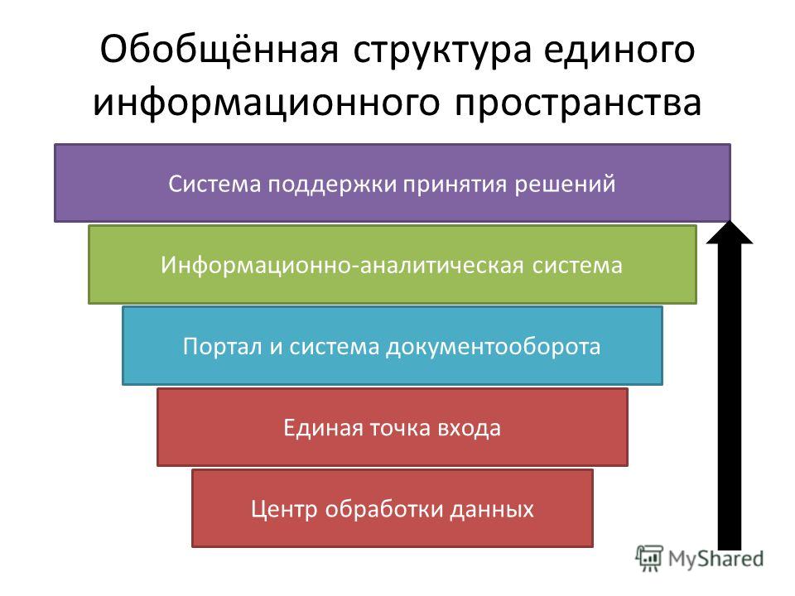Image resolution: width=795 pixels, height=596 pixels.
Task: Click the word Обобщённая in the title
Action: tap(219, 49)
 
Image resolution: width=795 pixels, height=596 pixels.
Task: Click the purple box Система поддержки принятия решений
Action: tap(393, 183)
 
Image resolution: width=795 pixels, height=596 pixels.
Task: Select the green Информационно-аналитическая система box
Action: tap(393, 265)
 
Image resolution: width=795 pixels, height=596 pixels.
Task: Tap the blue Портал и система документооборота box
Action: tap(393, 346)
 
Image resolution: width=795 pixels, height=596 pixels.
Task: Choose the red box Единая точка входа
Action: tap(393, 427)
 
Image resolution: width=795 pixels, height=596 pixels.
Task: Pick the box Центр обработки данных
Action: tap(393, 508)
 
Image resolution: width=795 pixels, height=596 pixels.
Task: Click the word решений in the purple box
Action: tap(566, 184)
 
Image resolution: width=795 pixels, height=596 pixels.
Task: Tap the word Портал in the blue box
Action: tap(222, 347)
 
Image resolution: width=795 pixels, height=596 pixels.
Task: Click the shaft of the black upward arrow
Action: tap(730, 397)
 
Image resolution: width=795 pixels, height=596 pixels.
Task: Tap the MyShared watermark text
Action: tap(715, 559)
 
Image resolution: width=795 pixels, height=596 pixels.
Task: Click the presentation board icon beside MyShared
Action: tap(649, 559)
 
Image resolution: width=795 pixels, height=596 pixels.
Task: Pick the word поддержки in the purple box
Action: tap(332, 185)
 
